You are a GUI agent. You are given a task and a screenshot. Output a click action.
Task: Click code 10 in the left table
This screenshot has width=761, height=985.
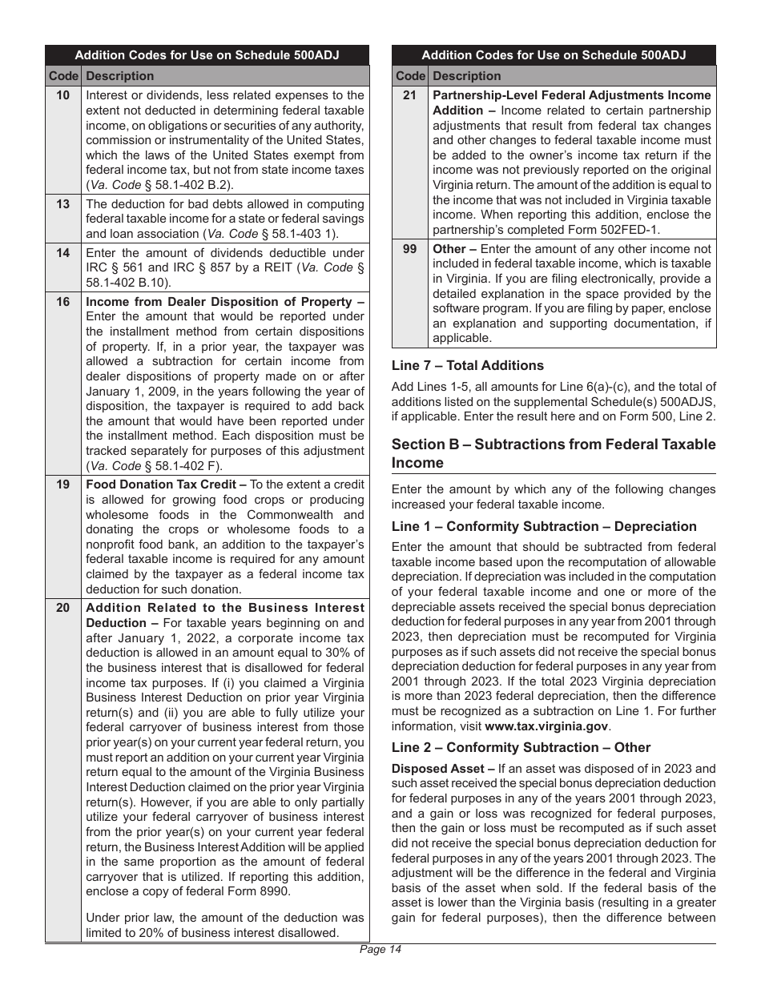pos(62,95)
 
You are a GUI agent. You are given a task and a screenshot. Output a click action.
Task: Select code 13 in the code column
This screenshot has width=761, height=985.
pos(62,204)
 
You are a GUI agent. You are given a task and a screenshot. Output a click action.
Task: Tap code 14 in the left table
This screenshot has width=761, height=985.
pos(62,253)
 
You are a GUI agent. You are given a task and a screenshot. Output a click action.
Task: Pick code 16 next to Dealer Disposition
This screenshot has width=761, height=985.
pos(62,302)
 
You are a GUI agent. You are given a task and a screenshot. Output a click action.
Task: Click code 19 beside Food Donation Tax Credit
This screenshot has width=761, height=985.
pos(62,484)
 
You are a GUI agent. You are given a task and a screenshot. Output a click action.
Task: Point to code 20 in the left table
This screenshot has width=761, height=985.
pos(62,609)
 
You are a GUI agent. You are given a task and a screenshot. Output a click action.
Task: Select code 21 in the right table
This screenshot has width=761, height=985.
pos(409,95)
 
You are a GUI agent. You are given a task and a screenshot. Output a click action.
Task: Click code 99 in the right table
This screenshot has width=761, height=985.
pos(409,249)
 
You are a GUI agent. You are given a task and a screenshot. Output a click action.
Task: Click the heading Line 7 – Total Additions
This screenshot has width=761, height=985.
pos(467,365)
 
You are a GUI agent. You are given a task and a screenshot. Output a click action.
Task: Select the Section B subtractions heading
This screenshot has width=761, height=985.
pos(553,453)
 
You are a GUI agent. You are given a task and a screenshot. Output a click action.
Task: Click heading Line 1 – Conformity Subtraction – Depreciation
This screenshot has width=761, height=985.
pos(544,526)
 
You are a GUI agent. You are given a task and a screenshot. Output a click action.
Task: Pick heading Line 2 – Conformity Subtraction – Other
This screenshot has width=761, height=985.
pos(521,747)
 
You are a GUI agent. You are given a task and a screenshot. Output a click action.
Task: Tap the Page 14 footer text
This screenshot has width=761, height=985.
pos(380,950)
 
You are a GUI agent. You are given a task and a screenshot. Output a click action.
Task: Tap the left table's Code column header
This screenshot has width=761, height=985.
pos(62,76)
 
